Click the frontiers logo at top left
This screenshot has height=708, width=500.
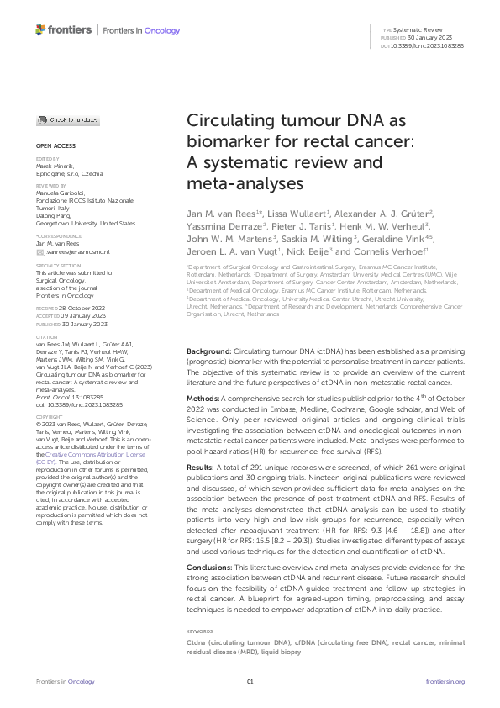click(64, 30)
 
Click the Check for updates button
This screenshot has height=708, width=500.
click(67, 120)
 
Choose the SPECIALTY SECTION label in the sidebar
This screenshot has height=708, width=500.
click(55, 264)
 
